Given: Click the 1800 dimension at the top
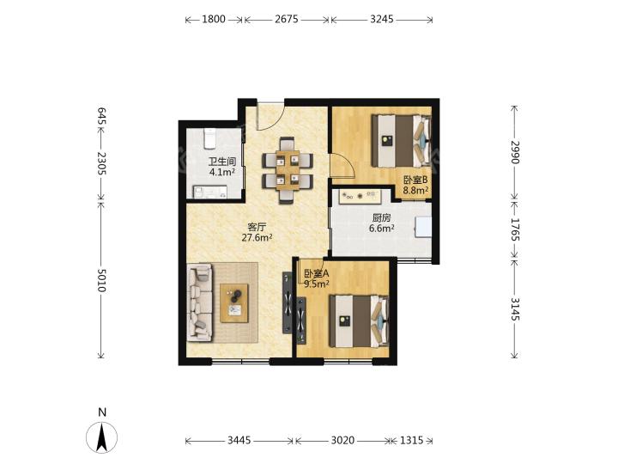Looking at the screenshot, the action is pyautogui.click(x=214, y=19).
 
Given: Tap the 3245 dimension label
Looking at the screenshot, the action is pyautogui.click(x=381, y=19).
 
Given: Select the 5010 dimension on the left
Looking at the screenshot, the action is pyautogui.click(x=101, y=280).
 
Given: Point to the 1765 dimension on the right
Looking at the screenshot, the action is pyautogui.click(x=515, y=229).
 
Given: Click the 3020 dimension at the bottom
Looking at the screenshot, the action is pyautogui.click(x=342, y=440).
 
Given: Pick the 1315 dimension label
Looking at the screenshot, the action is pyautogui.click(x=411, y=440).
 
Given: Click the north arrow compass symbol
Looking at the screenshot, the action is pyautogui.click(x=101, y=437).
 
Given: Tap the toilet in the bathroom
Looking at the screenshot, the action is pyautogui.click(x=209, y=139).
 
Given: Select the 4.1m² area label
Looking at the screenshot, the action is pyautogui.click(x=222, y=172).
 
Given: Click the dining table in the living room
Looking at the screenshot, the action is pyautogui.click(x=288, y=170).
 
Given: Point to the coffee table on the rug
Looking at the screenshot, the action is pyautogui.click(x=234, y=303).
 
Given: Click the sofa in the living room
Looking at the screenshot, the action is pyautogui.click(x=200, y=302).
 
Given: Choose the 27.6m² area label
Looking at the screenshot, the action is pyautogui.click(x=257, y=237).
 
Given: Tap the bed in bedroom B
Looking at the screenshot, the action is pyautogui.click(x=401, y=141).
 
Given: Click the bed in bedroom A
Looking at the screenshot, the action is pyautogui.click(x=359, y=321).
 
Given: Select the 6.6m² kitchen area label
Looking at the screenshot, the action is pyautogui.click(x=381, y=228).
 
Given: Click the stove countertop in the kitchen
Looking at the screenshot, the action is pyautogui.click(x=360, y=196).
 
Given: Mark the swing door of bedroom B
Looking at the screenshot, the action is pyautogui.click(x=342, y=166).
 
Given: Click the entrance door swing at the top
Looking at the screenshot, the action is pyautogui.click(x=270, y=116).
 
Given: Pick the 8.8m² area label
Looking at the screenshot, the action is pyautogui.click(x=415, y=191).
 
